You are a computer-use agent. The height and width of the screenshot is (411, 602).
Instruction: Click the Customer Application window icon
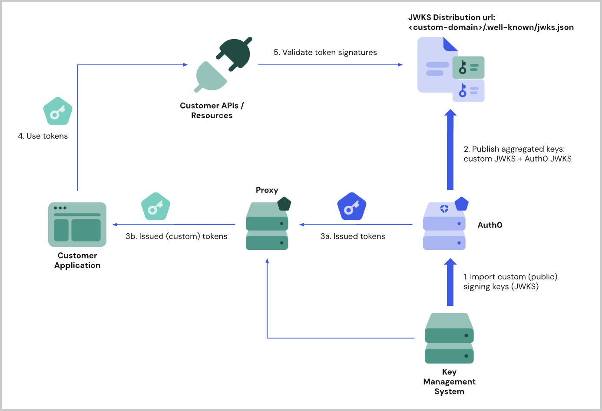click(77, 224)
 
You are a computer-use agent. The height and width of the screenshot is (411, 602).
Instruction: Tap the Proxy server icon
click(267, 226)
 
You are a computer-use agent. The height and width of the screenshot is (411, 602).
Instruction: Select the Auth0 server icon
click(444, 226)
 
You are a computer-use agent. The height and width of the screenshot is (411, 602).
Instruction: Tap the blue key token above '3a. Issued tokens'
click(352, 206)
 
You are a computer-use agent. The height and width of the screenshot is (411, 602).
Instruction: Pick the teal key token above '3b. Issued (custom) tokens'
click(155, 206)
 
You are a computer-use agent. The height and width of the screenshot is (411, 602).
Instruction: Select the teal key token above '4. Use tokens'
click(58, 111)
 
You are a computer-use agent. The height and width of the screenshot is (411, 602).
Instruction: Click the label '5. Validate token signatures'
click(325, 53)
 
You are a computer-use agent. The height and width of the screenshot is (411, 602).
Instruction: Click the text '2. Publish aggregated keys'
click(514, 149)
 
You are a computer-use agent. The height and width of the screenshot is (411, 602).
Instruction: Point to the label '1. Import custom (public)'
click(510, 277)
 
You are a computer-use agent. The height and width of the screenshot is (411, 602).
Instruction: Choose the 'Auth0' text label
click(490, 225)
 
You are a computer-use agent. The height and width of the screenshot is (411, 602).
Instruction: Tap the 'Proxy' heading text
click(267, 190)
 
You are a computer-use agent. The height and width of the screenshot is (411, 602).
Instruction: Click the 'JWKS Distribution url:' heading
click(451, 17)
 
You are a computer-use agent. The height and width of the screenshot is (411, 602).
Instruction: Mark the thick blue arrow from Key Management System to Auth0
click(450, 282)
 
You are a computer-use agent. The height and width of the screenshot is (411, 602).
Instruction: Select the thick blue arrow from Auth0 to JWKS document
click(450, 150)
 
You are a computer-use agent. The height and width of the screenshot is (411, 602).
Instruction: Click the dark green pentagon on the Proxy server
click(284, 204)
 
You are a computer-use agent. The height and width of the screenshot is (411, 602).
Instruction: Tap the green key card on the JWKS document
click(468, 67)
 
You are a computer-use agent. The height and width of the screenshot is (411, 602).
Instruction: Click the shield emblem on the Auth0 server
click(444, 209)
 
